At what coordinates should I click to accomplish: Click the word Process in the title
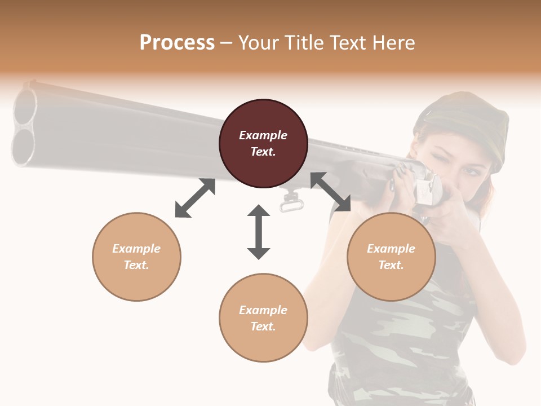tap(177, 43)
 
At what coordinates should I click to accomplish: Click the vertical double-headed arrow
tap(259, 232)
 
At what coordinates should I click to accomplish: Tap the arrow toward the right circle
tap(331, 192)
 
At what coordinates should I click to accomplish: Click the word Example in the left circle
tap(136, 249)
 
